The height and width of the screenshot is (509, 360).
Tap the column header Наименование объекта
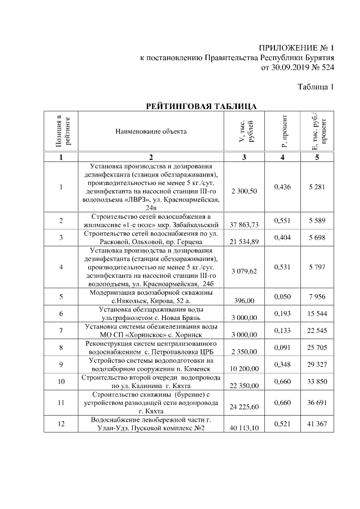tap(151, 132)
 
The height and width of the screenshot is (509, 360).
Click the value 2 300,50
tap(244, 191)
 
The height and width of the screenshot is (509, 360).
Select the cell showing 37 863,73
tap(244, 225)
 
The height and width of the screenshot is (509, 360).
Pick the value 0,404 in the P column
tap(282, 238)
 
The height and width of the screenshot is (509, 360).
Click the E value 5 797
tap(317, 267)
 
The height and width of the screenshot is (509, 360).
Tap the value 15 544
tap(317, 312)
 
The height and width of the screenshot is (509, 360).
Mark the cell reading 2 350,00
tap(244, 352)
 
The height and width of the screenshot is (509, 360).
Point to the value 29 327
tap(317, 364)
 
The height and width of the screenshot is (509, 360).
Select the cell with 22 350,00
tap(244, 386)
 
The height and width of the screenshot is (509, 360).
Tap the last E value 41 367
tap(317, 423)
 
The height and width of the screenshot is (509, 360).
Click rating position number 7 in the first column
tap(61, 330)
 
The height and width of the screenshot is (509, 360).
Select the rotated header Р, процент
tap(283, 132)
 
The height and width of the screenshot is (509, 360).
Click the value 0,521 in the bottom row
tap(282, 423)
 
